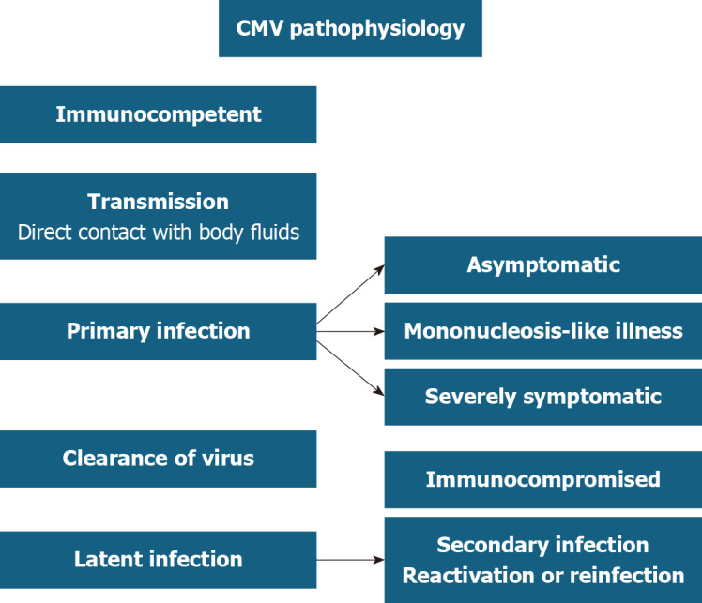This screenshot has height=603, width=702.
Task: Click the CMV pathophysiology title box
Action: [350, 29]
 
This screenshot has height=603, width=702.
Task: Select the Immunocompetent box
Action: [158, 114]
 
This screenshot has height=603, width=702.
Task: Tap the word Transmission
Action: [158, 202]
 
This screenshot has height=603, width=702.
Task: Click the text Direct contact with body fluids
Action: [158, 232]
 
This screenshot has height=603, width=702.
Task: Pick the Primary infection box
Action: [158, 331]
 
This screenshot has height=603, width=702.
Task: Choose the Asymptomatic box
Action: [542, 265]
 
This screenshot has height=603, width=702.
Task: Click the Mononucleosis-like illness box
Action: [542, 331]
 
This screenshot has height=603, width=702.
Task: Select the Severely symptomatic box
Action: [542, 397]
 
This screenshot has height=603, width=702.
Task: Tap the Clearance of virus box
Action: [158, 459]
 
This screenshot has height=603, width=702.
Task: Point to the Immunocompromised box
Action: [542, 480]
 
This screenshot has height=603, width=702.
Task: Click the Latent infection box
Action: [158, 560]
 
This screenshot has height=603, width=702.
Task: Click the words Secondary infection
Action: [542, 545]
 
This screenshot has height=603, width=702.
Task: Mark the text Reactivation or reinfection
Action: [542, 575]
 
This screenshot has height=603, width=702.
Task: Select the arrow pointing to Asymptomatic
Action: [350, 297]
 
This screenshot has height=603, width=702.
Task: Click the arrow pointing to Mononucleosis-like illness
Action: [350, 331]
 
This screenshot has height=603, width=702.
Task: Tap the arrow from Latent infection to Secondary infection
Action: [350, 560]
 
